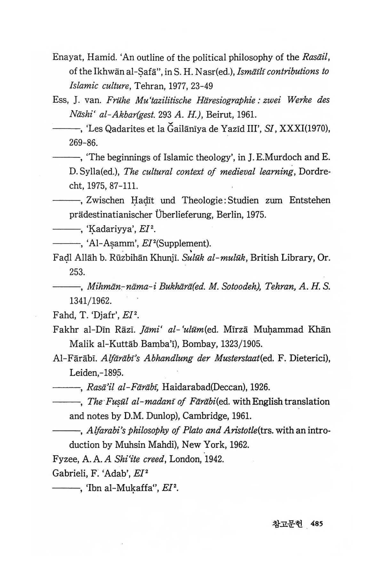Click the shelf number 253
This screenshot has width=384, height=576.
(x=77, y=272)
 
